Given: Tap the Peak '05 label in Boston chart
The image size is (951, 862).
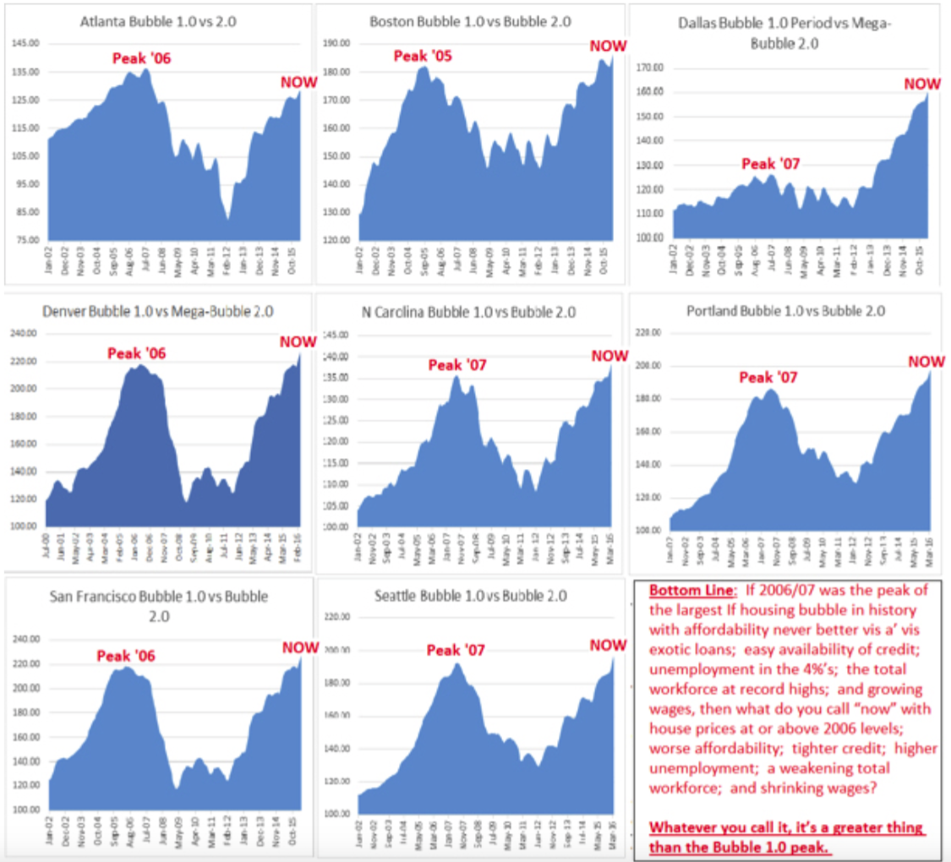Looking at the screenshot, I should [424, 56].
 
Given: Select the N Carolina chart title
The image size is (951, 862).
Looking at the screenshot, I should [468, 312].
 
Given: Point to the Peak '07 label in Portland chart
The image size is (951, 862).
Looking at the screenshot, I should [768, 377].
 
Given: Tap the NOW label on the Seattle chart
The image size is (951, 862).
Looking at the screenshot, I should [608, 646].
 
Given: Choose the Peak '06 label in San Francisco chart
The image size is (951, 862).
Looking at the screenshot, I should [126, 655].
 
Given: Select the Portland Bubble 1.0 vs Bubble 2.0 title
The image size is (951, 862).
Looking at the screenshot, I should [787, 310].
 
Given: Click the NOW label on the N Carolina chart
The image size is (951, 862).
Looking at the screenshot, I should [609, 356].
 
